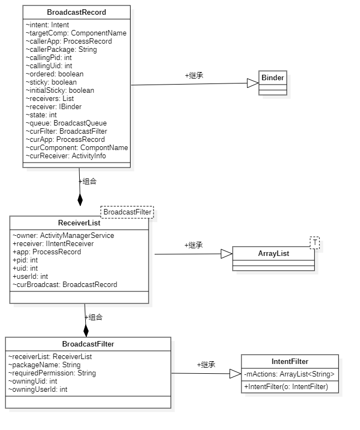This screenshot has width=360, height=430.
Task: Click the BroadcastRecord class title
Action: coord(76,13)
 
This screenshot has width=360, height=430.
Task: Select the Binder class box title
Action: coord(273,77)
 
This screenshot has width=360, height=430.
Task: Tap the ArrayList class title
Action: coord(274,253)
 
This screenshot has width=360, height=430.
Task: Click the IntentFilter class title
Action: coord(290,361)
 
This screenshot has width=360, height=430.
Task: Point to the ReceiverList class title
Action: coord(79,223)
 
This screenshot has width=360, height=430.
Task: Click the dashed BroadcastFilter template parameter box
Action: coord(127,212)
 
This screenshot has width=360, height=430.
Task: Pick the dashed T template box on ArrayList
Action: coord(315,243)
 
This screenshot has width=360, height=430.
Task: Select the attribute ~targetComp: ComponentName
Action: coord(76,33)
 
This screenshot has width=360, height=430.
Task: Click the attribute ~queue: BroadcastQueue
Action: coord(66,123)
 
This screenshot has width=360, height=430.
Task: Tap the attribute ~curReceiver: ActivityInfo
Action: coord(66,156)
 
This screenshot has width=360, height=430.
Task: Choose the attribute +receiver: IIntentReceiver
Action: coord(53,244)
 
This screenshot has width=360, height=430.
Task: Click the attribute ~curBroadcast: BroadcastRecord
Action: coord(65,285)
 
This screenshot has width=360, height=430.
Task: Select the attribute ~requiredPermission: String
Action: coord(52,373)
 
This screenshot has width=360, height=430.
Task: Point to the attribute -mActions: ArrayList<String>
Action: coord(289,374)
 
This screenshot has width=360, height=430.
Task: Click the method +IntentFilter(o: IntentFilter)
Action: coord(286,387)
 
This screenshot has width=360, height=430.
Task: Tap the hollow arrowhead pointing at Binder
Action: coord(253,83)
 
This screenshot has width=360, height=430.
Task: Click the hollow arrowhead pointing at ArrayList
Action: coord(227,254)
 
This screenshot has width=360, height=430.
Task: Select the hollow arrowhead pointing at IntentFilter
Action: coord(235,373)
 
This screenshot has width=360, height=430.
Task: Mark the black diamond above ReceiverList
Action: coord(80,199)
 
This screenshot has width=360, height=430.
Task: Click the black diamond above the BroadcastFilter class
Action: coord(86,330)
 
